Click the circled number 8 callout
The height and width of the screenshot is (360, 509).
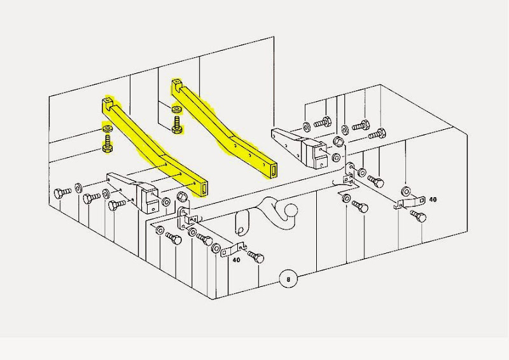point(290,278)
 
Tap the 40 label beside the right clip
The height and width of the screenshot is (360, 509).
point(433,200)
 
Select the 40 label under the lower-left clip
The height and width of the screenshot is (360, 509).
point(236,260)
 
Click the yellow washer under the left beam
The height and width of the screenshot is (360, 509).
point(107,129)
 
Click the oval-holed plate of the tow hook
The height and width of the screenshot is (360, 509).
point(242,223)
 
